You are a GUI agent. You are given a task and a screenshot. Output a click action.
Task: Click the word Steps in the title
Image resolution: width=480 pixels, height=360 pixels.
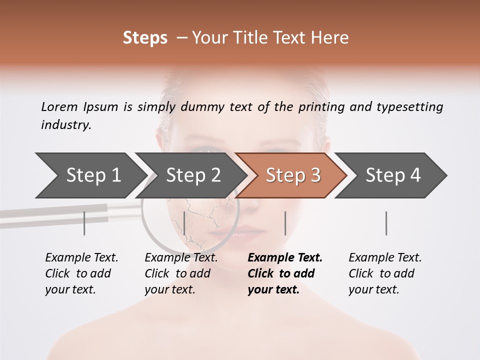pos(145,38)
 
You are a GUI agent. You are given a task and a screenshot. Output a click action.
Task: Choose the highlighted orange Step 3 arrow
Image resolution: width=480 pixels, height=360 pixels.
pos(292,175)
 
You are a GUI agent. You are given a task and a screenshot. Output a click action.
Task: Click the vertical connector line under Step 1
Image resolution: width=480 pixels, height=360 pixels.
pos(84,223)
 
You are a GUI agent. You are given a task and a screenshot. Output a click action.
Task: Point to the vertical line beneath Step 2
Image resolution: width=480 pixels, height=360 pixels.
pos(184,223)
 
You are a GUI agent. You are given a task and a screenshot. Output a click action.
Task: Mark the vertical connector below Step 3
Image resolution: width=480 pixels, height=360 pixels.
pos(285,223)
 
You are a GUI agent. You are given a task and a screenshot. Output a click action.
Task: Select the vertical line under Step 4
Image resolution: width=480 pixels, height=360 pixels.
pos(386,223)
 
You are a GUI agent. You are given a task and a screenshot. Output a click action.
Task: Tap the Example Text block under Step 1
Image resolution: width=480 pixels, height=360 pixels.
pos(81,273)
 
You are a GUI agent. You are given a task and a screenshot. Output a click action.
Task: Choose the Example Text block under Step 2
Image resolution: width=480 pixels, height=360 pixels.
pos(181,273)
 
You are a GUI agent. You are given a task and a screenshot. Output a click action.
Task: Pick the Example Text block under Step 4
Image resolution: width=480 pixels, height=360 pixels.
pos(385,273)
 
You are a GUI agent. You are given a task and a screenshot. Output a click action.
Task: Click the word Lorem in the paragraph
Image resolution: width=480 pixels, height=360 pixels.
pos(59,107)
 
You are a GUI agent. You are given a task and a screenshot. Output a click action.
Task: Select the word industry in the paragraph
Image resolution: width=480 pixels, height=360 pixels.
pos(65,125)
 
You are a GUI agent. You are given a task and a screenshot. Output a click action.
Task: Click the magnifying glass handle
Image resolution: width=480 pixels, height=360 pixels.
pos(65,213)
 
